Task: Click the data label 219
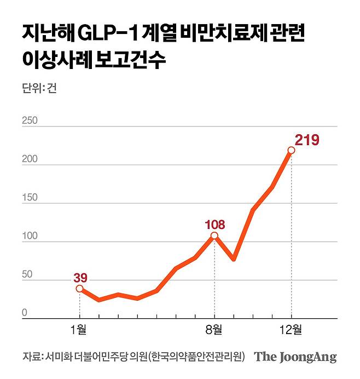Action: coord(307,140)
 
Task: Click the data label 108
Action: coord(214,225)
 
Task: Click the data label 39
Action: coord(80,278)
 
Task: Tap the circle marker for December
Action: coord(291,150)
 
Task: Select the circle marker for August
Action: coord(214,236)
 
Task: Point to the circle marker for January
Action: coord(80,289)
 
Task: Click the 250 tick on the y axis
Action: coord(30,120)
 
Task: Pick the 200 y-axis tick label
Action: coord(30,159)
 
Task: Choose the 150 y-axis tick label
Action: coord(30,198)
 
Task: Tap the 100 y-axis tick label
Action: coord(30,236)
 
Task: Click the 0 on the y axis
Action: coord(25,313)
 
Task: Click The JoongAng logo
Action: coord(295,357)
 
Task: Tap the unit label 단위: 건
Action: coord(39,89)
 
